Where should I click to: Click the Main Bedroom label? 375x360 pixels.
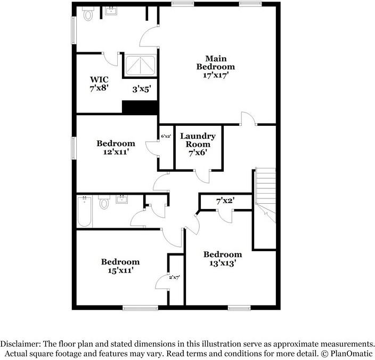coord(215,62)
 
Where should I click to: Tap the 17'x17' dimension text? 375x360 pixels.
coord(215,75)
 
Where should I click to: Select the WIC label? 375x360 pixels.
coord(99,79)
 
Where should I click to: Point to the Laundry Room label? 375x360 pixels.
coord(198,140)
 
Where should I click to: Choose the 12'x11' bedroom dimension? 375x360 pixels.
coord(115,151)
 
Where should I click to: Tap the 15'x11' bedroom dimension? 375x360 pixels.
coord(120,270)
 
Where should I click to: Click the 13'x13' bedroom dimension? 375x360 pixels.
coord(222,262)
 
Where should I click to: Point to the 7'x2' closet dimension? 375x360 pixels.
coord(226,202)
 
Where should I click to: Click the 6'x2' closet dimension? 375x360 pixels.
coord(166,137)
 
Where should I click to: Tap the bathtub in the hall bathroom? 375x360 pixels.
coord(85,212)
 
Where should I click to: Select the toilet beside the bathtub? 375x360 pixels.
coord(104,203)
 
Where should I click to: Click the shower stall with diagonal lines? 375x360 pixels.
coord(140,66)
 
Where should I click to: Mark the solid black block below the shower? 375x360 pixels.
coord(141,107)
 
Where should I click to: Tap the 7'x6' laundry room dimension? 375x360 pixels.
coord(198,153)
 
